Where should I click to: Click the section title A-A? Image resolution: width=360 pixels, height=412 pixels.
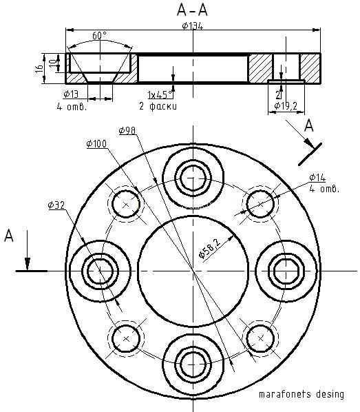pos(193,10)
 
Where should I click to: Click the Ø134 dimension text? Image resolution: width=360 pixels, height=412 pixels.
pos(193,26)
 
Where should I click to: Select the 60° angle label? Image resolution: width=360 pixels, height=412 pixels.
pos(100,36)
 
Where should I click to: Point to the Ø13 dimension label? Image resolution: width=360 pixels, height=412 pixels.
pos(71,94)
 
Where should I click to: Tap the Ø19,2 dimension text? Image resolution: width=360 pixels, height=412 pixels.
pos(286,106)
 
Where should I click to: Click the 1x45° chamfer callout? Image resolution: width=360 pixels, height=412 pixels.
pos(161,94)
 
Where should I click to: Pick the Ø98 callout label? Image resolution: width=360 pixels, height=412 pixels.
pos(127,131)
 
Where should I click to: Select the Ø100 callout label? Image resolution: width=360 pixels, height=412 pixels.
pos(96,144)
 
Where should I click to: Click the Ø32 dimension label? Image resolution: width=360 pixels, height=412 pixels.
pos(56,205)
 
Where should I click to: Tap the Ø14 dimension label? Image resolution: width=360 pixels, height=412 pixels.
pos(317,178)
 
